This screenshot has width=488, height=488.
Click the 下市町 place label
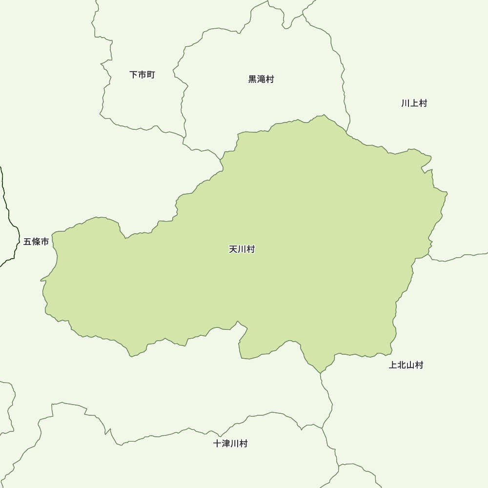142,75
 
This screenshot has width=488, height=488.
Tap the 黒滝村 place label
261,79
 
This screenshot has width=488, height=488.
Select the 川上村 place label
414,103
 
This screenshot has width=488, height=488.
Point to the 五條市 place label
36,242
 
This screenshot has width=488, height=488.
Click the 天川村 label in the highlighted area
242,249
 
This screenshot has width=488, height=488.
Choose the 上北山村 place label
406,365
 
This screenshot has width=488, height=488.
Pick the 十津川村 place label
230,444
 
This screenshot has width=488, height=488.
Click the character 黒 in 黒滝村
253,79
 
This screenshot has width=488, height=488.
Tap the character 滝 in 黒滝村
261,79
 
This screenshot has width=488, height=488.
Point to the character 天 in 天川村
233,249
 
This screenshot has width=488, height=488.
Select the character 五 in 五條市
28,242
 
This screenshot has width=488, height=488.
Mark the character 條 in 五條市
36,242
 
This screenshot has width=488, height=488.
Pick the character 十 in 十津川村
218,444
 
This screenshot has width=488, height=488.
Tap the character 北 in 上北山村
402,365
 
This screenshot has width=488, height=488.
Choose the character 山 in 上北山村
410,365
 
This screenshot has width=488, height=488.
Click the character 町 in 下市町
150,75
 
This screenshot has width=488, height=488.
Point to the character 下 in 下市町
134,75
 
